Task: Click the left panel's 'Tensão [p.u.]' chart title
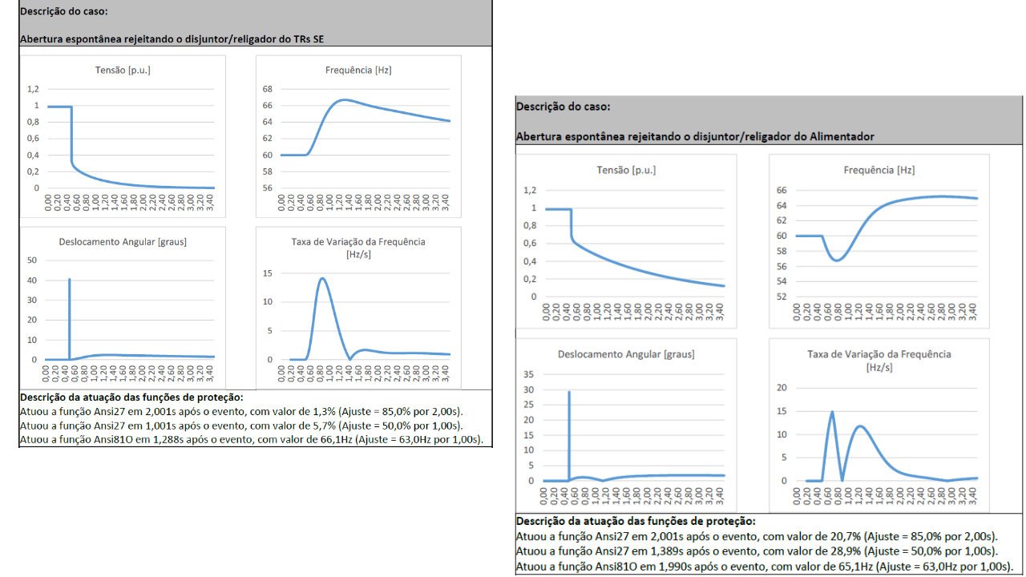[123, 71]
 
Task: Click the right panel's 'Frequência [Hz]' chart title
[879, 170]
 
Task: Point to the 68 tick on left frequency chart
[267, 89]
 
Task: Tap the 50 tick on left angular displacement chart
[32, 260]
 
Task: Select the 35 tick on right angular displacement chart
[527, 374]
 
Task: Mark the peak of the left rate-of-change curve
[322, 278]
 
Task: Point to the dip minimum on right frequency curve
[837, 260]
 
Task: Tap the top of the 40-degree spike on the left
[70, 279]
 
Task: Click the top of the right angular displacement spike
[569, 392]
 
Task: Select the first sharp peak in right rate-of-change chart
[832, 412]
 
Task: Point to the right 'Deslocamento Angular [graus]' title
[626, 354]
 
